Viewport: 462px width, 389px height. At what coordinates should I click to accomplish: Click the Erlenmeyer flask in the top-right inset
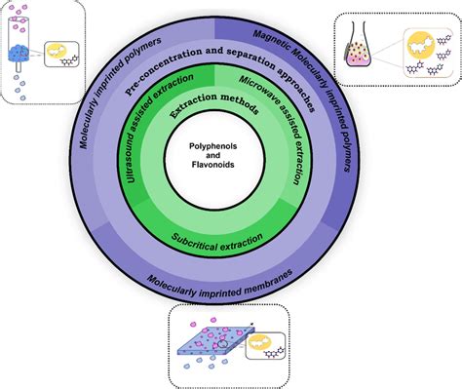click(x=360, y=50)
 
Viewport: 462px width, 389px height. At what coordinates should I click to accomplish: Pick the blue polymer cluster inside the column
click(x=21, y=55)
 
